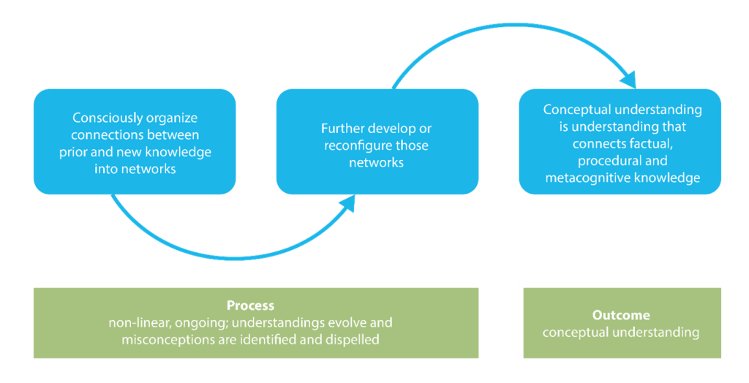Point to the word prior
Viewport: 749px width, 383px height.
(75, 152)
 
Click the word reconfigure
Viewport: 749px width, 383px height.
(357, 145)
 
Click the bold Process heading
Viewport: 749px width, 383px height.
(250, 306)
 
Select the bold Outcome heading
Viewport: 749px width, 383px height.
(620, 316)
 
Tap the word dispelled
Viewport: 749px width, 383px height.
(352, 340)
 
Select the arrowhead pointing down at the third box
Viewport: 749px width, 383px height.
(627, 79)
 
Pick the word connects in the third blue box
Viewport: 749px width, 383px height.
(598, 143)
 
